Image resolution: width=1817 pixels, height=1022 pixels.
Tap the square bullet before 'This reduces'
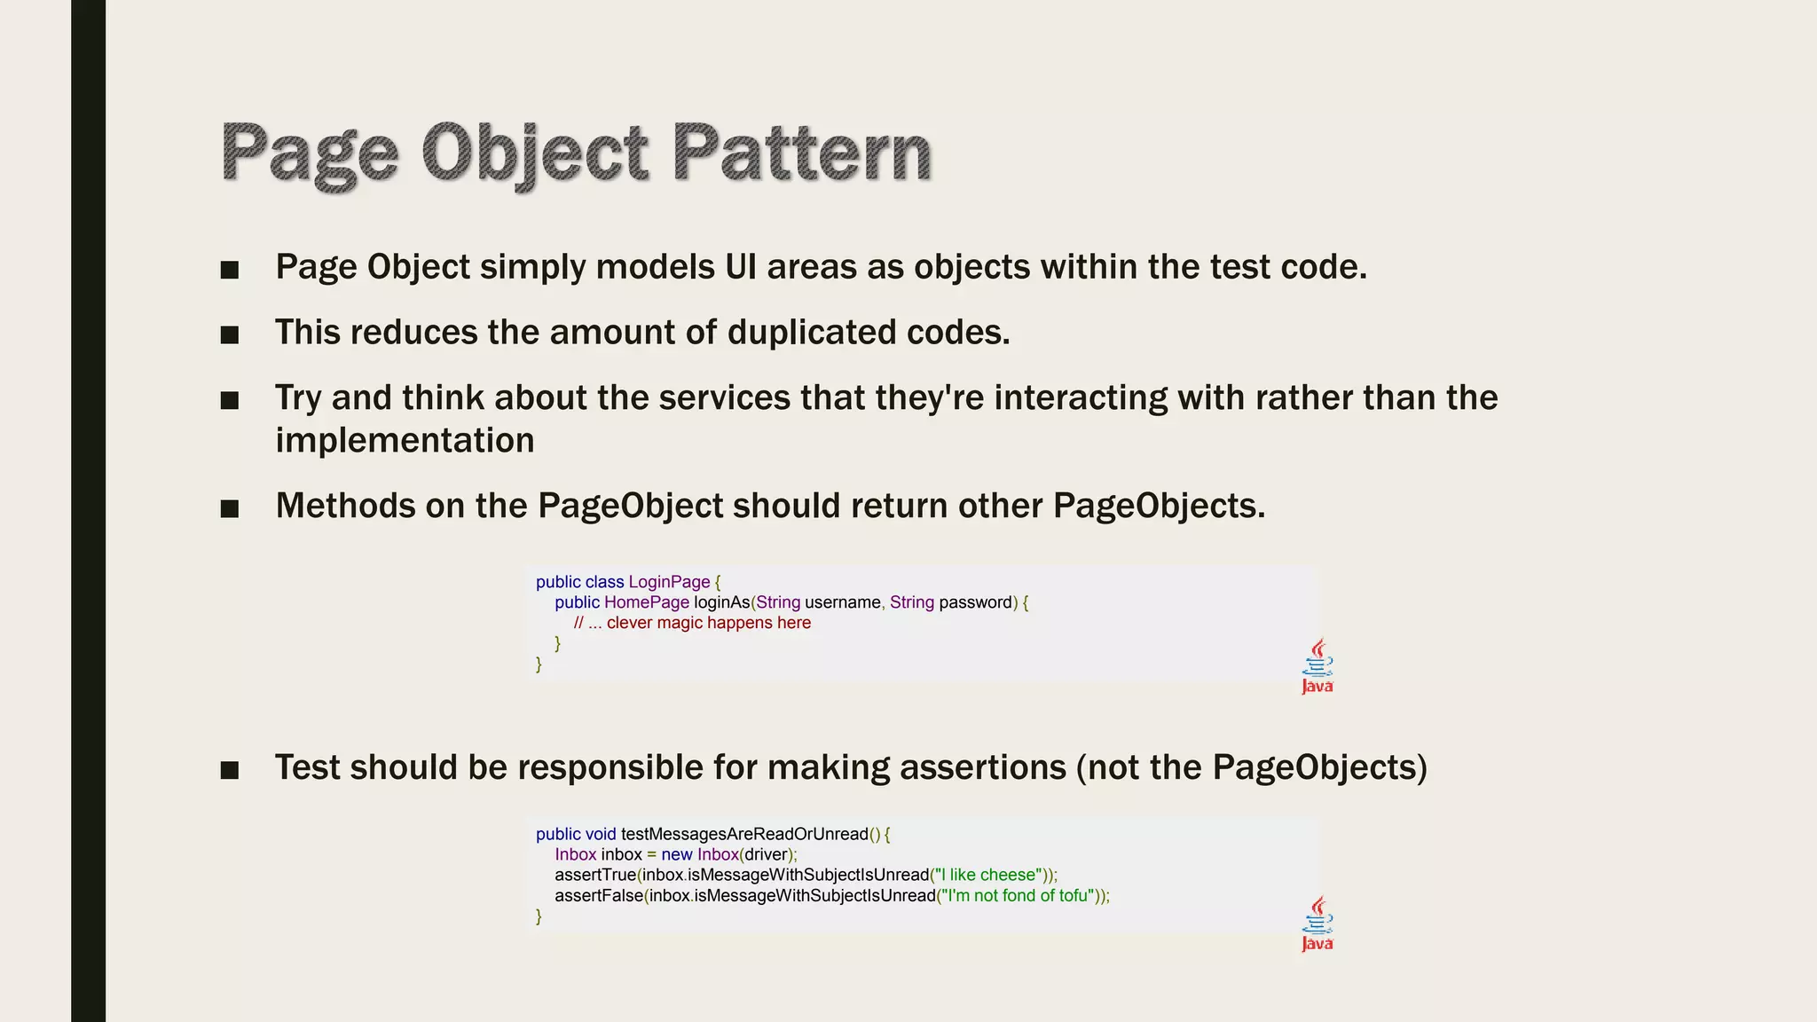tap(230, 334)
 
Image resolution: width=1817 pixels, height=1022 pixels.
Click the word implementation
tap(405, 441)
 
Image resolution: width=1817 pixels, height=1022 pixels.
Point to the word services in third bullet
tap(724, 397)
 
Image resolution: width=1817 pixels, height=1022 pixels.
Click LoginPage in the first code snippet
tap(669, 582)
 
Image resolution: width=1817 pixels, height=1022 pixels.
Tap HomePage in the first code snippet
tap(646, 602)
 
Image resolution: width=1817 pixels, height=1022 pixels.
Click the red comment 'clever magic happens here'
tap(708, 623)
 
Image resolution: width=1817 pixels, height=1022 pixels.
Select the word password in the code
tap(975, 602)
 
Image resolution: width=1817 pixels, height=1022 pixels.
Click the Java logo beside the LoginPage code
tap(1318, 665)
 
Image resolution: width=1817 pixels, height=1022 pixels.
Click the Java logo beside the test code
tap(1318, 924)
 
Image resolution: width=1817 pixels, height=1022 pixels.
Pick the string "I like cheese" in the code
tap(987, 875)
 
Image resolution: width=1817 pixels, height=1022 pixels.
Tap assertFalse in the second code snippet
tap(599, 895)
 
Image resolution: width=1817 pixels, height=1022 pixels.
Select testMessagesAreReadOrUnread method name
tap(743, 834)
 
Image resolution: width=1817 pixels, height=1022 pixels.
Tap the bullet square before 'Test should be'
tap(230, 770)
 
